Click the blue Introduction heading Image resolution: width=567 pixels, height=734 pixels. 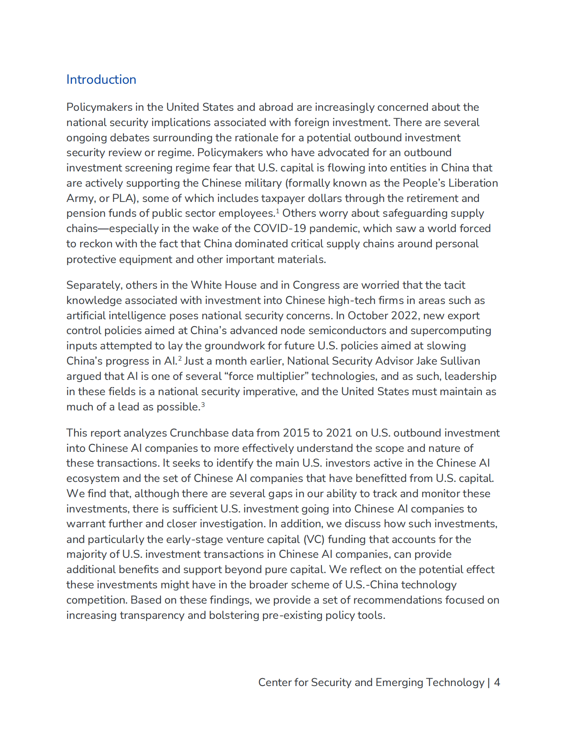[x=101, y=79]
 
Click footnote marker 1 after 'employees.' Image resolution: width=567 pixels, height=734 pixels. [x=277, y=211]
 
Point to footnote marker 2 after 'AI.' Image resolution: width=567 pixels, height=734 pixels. [x=180, y=359]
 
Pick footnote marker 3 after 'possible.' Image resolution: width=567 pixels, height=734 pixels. [x=203, y=405]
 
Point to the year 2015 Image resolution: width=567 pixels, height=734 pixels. [x=296, y=433]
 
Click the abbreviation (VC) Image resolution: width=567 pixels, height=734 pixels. [x=314, y=539]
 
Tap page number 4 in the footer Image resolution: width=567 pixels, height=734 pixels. [x=497, y=683]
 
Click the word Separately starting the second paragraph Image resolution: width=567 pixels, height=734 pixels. [x=94, y=285]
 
